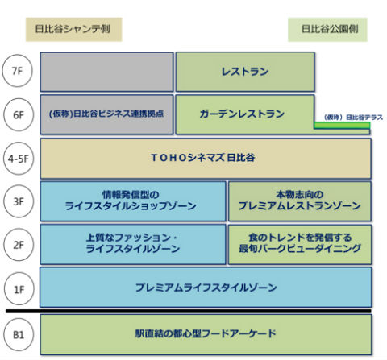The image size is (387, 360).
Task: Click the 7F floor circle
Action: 17,72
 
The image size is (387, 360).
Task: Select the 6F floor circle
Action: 17,114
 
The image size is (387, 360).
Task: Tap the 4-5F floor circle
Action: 17,158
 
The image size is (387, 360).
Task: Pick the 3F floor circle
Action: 17,201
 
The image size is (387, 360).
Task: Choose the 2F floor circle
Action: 17,244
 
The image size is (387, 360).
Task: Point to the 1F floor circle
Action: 17,287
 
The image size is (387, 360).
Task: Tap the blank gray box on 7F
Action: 106,72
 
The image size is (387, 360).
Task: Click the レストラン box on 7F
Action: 245,72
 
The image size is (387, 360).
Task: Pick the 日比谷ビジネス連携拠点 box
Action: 106,114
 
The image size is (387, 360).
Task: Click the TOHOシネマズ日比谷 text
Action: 206,158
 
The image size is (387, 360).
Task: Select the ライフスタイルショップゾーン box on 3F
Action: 133,201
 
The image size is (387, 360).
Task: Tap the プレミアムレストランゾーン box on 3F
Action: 299,201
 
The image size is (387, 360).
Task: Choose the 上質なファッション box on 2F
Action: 133,244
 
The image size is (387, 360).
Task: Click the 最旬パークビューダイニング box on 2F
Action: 299,244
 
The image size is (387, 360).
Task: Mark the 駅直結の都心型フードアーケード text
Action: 206,333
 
